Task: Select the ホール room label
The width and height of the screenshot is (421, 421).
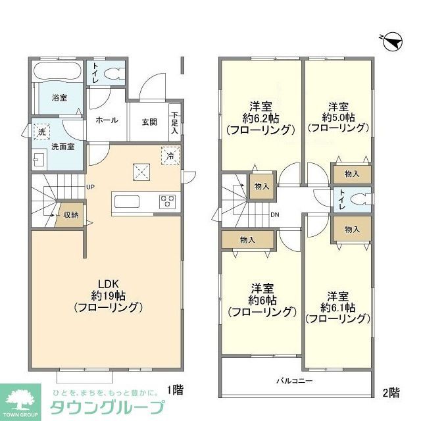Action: tap(107, 120)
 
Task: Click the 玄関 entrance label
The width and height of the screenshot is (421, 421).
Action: tap(149, 121)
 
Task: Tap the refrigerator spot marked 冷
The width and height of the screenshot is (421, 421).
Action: tap(170, 156)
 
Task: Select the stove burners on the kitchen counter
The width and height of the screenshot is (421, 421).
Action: tap(166, 200)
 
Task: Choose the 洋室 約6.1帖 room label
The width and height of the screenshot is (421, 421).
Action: tap(337, 307)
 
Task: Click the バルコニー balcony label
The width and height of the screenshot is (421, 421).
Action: tap(293, 381)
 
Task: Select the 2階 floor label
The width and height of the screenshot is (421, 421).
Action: tap(390, 393)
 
